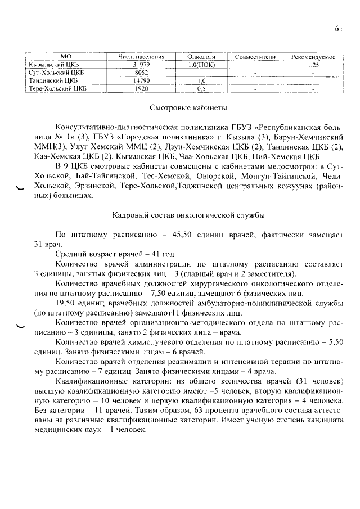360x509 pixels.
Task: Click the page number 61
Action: pyautogui.click(x=338, y=30)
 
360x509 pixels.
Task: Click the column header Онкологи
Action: pyautogui.click(x=202, y=57)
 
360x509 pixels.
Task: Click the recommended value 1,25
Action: pyautogui.click(x=313, y=65)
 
